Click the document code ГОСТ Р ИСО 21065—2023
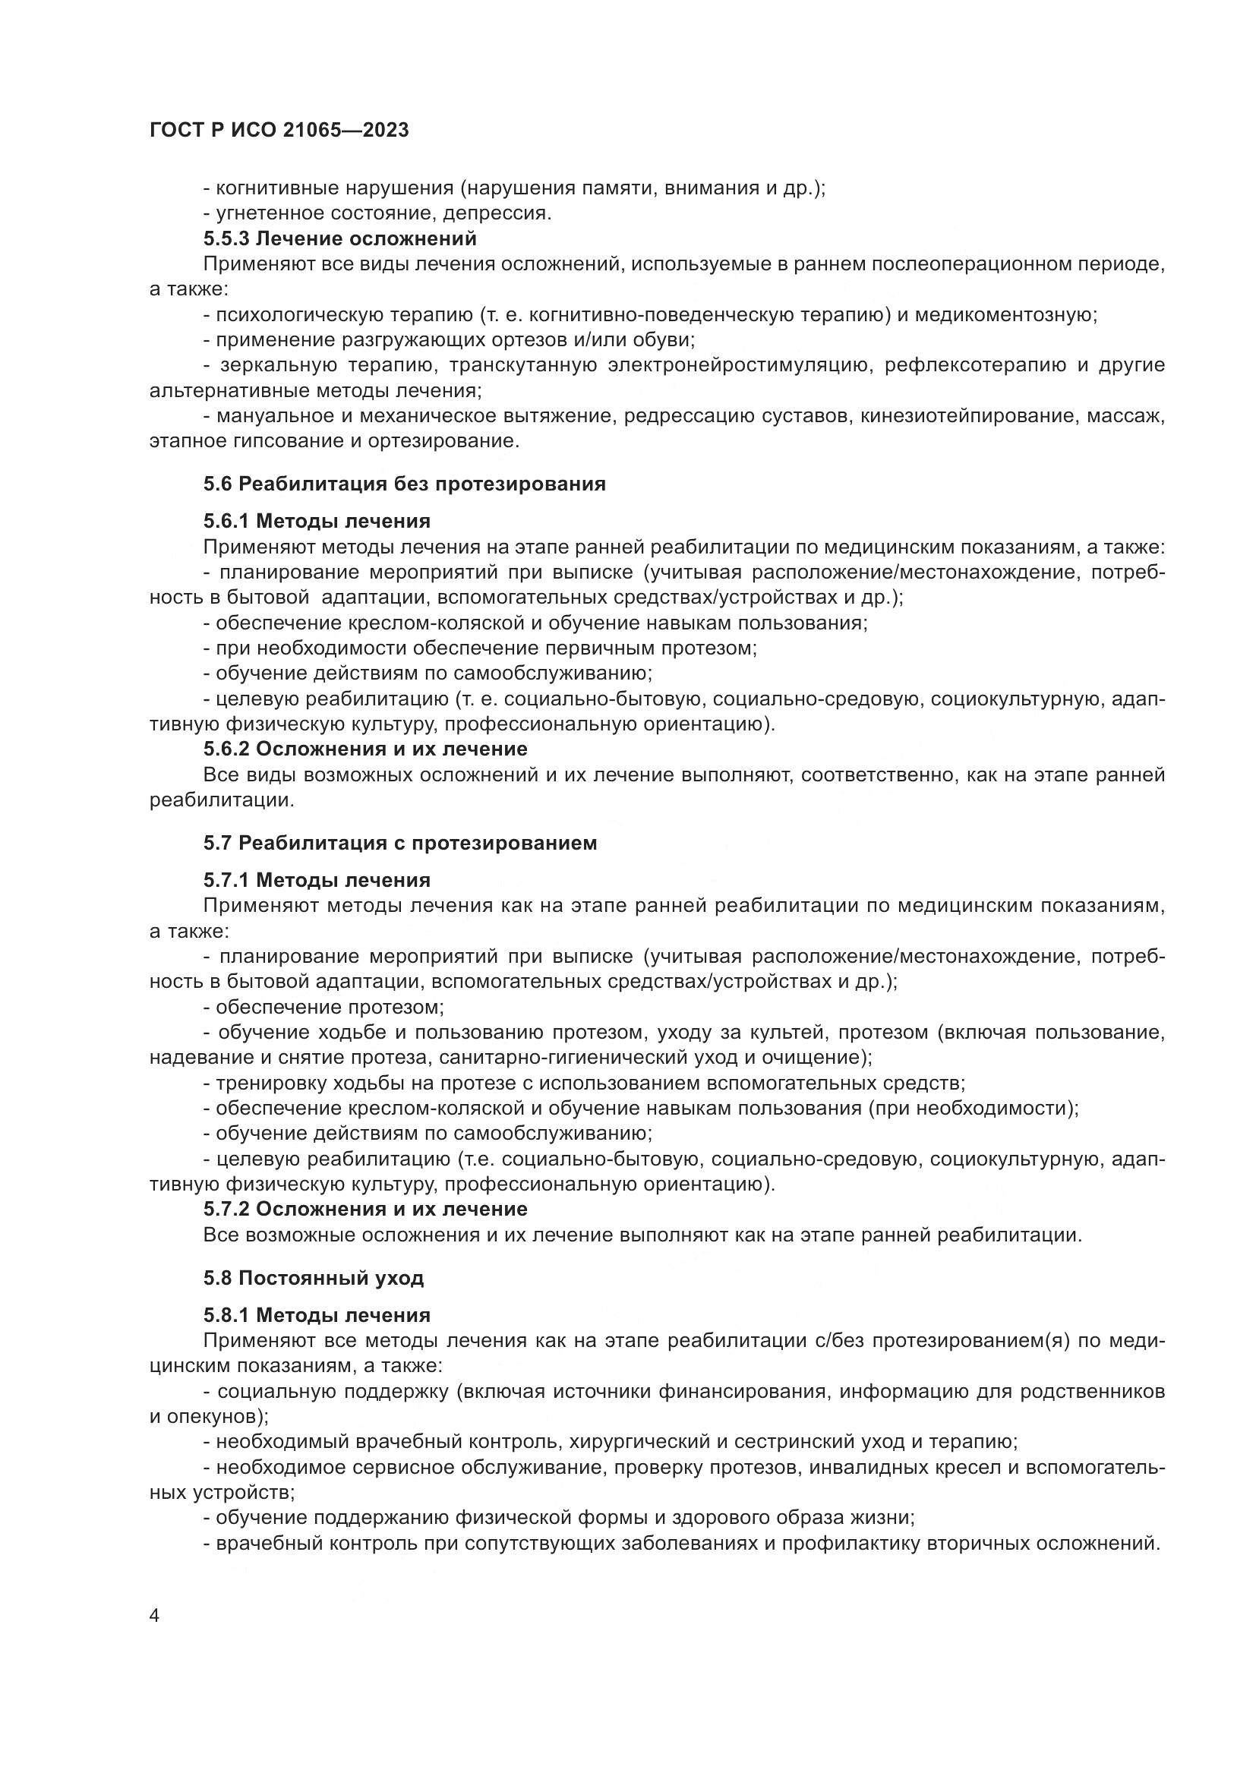click(279, 131)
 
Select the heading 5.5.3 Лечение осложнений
click(339, 238)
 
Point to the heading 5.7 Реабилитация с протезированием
click(400, 843)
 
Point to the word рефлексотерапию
click(986, 365)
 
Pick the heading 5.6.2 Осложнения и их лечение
click(365, 749)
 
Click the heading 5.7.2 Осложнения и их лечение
click(365, 1209)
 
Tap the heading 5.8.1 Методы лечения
click(317, 1315)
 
